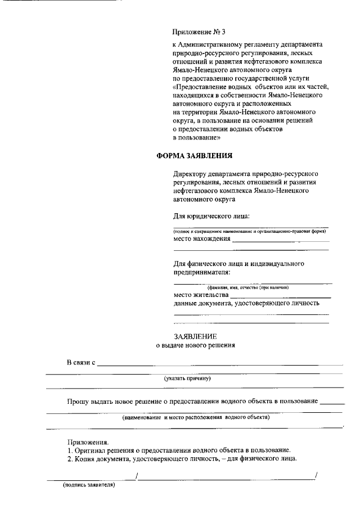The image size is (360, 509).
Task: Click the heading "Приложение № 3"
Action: pos(199,33)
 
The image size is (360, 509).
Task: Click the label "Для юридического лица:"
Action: pos(211,217)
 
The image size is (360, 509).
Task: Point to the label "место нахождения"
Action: pos(202,238)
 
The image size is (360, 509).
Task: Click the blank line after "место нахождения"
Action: pos(280,241)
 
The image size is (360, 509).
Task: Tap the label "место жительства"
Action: pos(201,294)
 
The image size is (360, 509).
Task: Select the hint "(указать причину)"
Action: pos(187,379)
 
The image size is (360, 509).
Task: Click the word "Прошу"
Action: pos(78,402)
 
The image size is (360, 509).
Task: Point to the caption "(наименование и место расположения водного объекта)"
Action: pos(196,417)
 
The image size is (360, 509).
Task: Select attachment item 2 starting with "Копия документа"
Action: pos(182,459)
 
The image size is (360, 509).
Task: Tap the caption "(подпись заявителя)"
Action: pos(89,485)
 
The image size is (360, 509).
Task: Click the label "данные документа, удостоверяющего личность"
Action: pos(247,303)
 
